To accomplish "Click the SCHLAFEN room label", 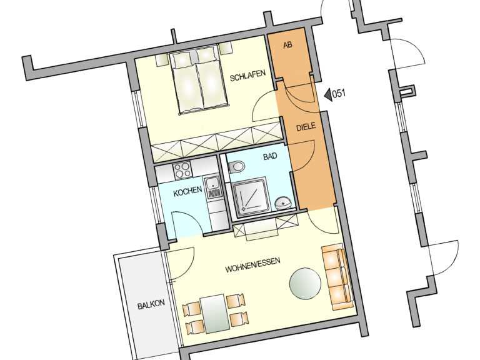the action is coord(247,75).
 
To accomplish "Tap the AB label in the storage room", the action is coord(287,45).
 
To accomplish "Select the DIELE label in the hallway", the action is coord(306,127).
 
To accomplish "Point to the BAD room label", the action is coord(270,156).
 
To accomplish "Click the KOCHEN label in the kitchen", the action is coord(187,191).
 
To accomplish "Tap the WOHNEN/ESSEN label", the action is coord(253,265).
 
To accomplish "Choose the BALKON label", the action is coord(151,304).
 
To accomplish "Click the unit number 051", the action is coord(339,93).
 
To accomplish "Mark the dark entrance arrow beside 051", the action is coord(328,94).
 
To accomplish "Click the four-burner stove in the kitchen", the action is coord(182,170).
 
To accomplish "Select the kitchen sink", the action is coord(212,187).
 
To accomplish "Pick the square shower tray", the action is coord(251,196).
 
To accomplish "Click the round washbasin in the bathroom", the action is coord(283,203).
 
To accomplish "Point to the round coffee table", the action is coord(305,284).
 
